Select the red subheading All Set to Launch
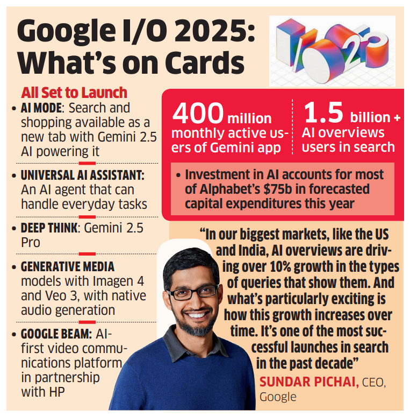pyautogui.click(x=74, y=92)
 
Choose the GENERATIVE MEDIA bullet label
pyautogui.click(x=67, y=267)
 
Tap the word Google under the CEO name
pyautogui.click(x=278, y=397)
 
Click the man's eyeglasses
pyautogui.click(x=192, y=293)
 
